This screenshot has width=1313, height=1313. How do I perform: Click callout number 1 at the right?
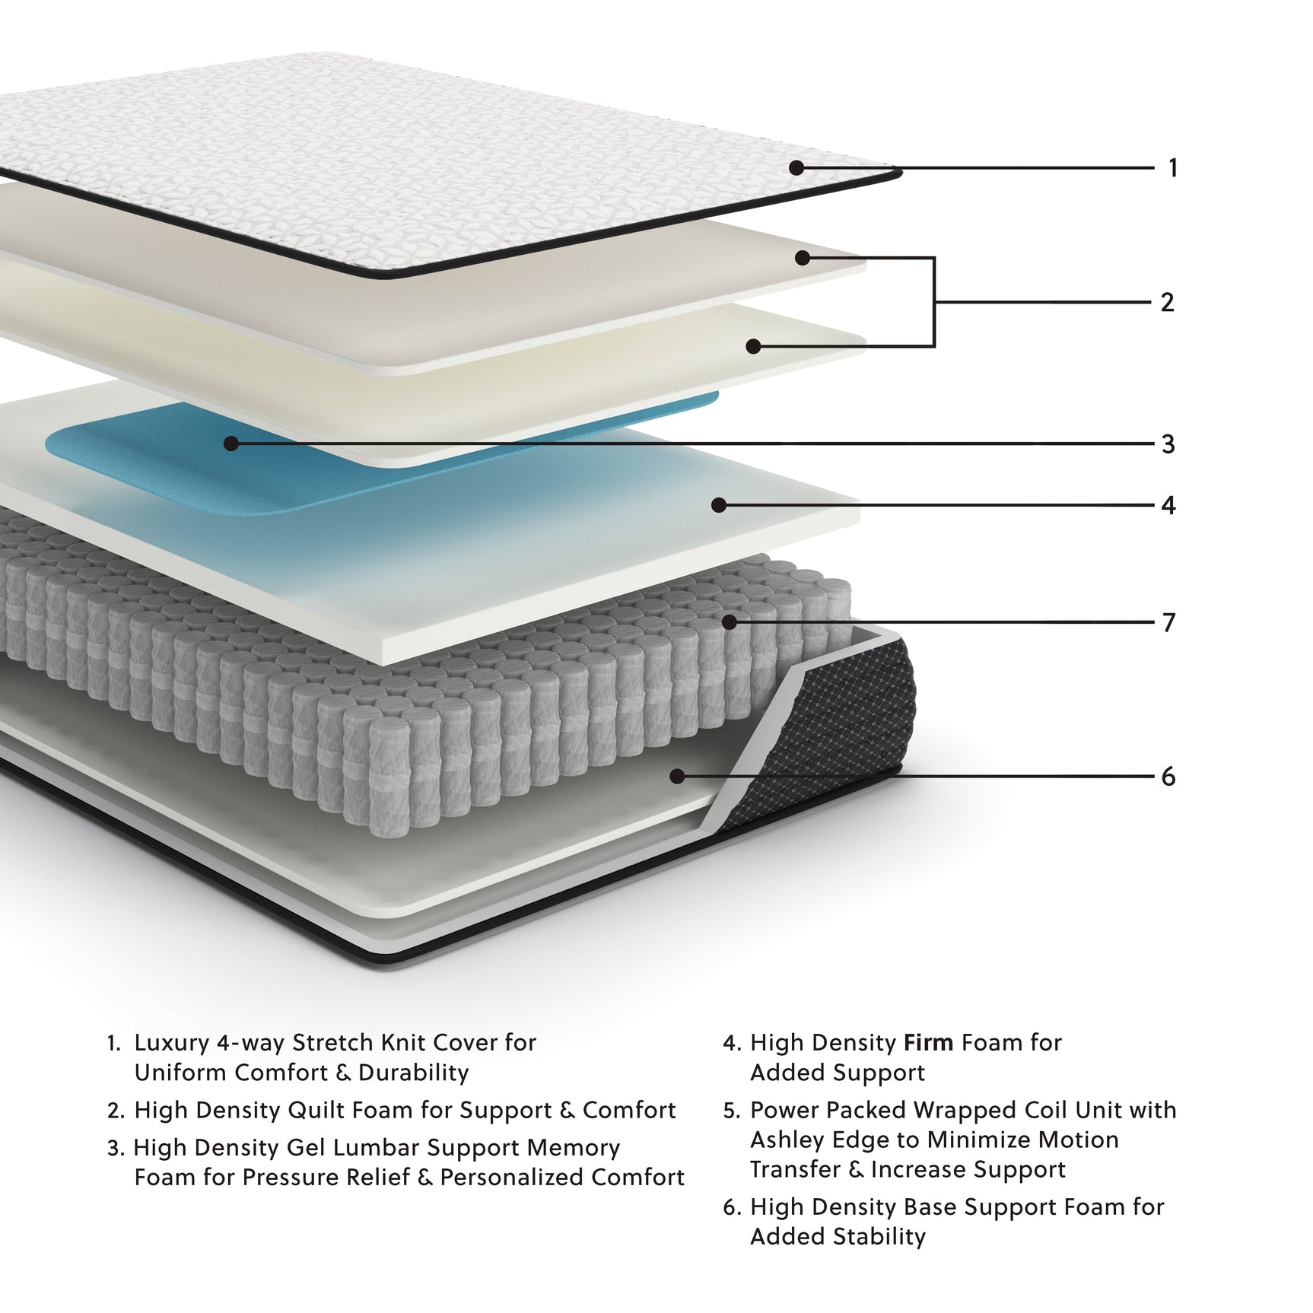click(x=1172, y=167)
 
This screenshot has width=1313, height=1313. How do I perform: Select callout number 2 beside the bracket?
click(x=1167, y=302)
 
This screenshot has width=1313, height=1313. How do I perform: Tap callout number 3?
click(x=1168, y=443)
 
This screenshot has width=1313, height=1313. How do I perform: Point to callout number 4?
click(x=1168, y=505)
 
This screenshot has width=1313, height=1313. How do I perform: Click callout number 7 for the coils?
click(x=1168, y=623)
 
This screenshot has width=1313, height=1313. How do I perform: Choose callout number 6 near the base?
click(x=1168, y=777)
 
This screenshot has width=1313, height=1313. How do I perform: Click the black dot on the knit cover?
click(x=796, y=167)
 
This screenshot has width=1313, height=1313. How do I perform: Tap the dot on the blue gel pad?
click(x=231, y=443)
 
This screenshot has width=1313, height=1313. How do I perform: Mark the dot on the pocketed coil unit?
click(x=730, y=622)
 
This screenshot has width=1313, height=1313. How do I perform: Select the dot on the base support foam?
click(x=677, y=776)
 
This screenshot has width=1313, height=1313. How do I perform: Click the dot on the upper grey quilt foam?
click(x=802, y=258)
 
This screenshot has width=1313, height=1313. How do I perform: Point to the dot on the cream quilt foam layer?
click(x=753, y=347)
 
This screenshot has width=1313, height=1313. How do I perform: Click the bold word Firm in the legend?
click(x=929, y=1042)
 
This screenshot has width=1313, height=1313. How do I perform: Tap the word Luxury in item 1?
click(x=172, y=1043)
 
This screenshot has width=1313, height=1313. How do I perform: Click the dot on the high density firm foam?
click(x=719, y=504)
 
